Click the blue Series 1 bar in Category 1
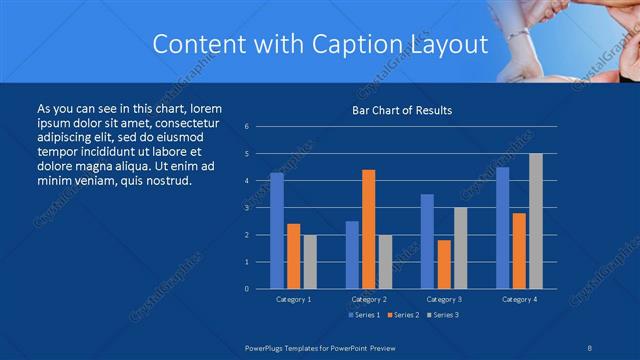[277, 231]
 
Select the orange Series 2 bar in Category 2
[368, 229]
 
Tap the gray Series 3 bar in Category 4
[536, 221]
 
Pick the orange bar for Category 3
[443, 264]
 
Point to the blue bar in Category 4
[502, 228]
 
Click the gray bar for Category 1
[310, 262]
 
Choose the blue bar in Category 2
[352, 255]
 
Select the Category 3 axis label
[443, 299]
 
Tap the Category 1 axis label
[294, 299]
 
